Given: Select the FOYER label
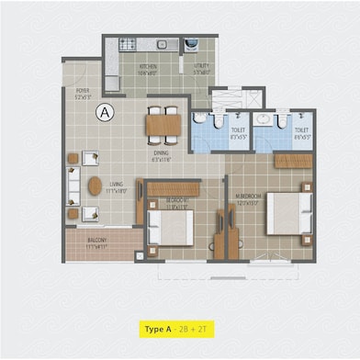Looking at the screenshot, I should point(84,91).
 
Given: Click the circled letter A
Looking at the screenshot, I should point(106,113).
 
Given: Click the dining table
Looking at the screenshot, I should point(163,121).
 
